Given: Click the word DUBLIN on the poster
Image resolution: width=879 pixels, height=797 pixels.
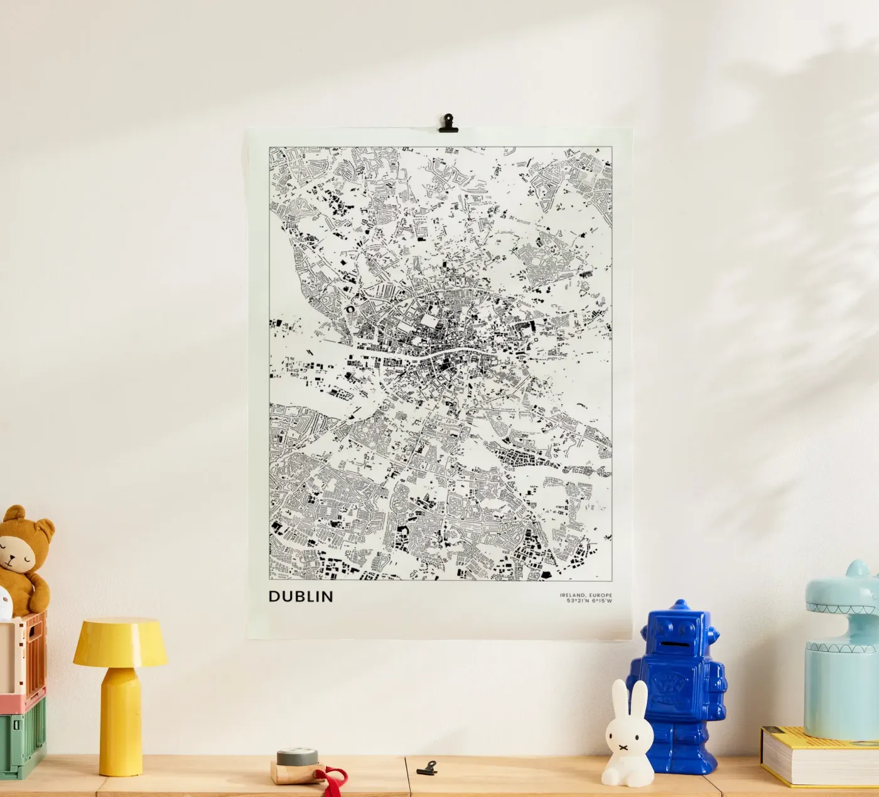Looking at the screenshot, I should tap(301, 596).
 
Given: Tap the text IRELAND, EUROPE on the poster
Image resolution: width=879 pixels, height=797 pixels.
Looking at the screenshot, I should tap(586, 595).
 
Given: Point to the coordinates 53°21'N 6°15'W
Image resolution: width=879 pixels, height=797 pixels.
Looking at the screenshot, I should tap(589, 600).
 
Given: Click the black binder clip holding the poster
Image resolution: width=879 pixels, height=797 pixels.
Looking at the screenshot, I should tap(448, 123).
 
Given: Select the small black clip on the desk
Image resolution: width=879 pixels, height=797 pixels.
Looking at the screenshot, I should tap(427, 767).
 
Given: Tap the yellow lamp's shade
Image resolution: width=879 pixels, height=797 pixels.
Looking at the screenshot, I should tap(120, 642).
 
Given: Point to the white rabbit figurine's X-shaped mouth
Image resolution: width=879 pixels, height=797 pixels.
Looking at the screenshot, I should tap(625, 747).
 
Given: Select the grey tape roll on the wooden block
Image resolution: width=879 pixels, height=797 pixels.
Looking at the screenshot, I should tap(297, 756).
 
